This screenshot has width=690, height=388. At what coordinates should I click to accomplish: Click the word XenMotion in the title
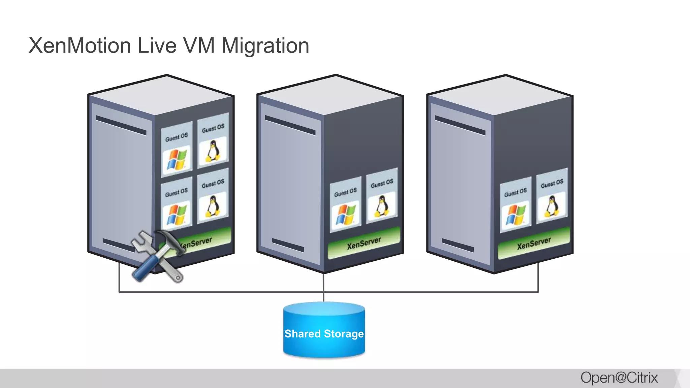(x=80, y=45)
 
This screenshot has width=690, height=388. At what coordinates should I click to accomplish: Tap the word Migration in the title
(x=265, y=45)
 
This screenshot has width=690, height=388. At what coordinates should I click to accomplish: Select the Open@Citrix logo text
(x=619, y=378)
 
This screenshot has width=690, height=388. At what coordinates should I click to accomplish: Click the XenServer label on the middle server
(x=364, y=243)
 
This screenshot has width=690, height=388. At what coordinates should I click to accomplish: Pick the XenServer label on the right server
(x=534, y=243)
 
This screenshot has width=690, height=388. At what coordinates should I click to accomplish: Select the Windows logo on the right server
(x=515, y=215)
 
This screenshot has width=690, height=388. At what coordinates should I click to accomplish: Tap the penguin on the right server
(x=552, y=206)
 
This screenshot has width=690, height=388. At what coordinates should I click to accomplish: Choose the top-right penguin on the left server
(x=213, y=151)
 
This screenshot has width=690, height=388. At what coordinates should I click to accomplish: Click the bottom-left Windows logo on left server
(x=177, y=215)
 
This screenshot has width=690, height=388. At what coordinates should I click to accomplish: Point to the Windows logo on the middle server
(x=346, y=215)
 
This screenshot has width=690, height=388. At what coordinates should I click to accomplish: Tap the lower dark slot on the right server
(x=458, y=245)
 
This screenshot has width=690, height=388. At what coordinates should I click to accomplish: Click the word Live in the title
(x=157, y=45)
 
